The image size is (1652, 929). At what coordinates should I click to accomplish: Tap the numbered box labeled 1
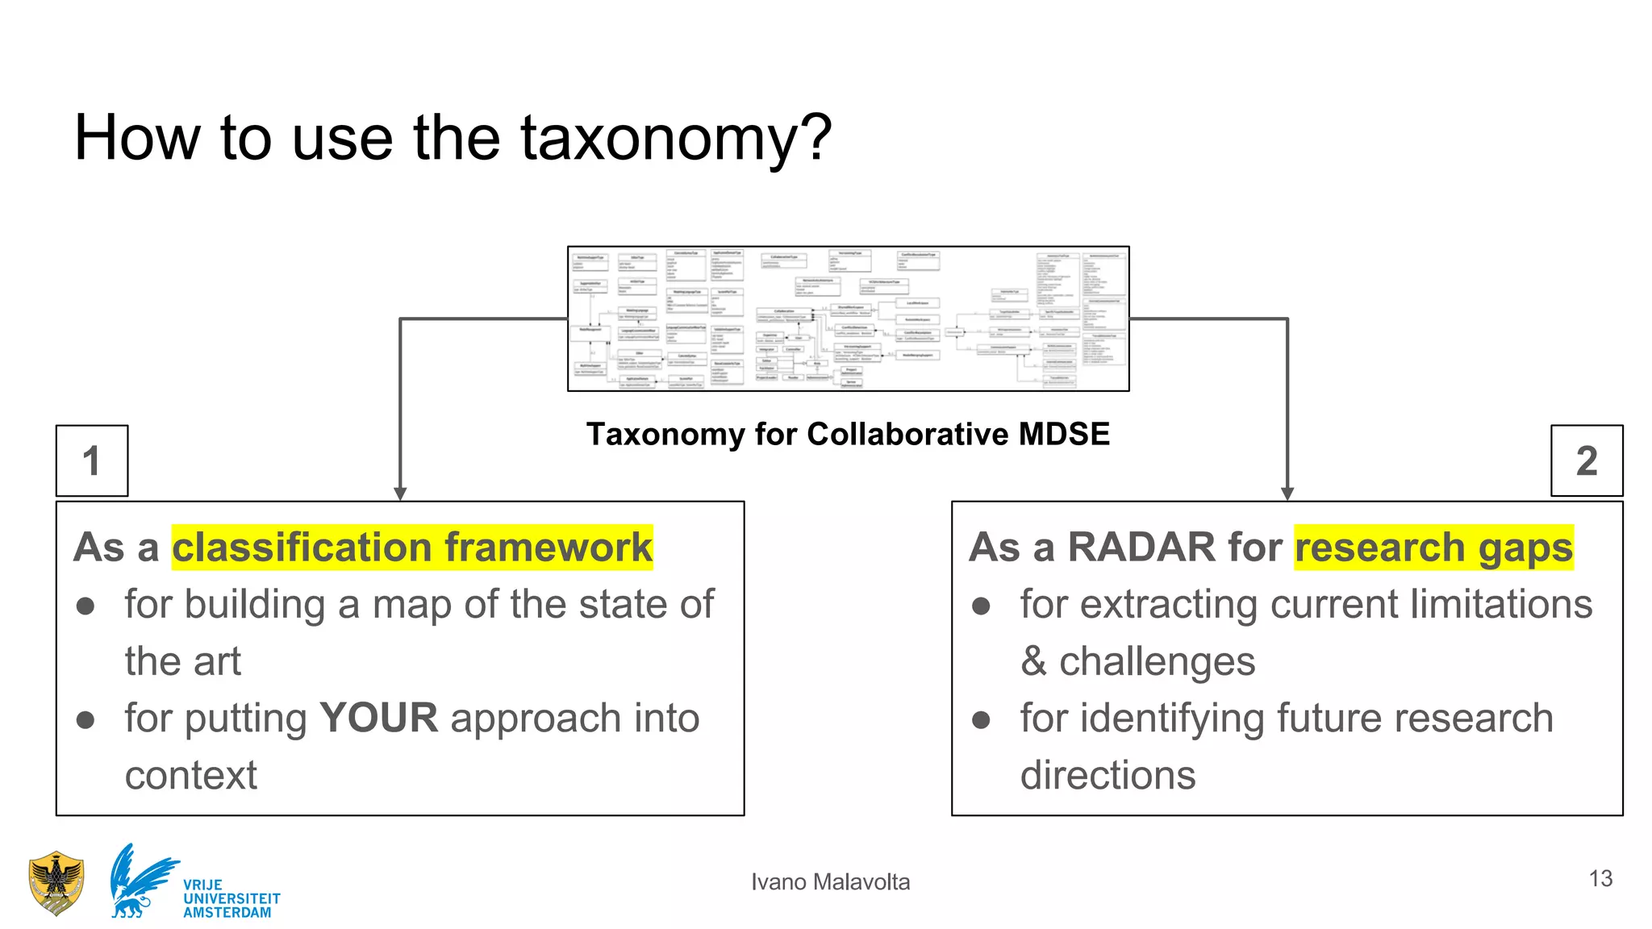click(x=92, y=460)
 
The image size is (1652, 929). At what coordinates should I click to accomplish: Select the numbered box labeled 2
click(x=1587, y=460)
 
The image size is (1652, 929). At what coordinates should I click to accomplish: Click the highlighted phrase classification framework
click(x=412, y=548)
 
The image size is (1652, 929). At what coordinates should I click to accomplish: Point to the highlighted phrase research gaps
click(x=1433, y=548)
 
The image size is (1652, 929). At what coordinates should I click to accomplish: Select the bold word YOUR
click(x=378, y=718)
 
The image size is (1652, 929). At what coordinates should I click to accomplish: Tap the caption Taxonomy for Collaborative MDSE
click(x=848, y=434)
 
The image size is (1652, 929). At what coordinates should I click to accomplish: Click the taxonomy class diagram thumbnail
click(x=848, y=319)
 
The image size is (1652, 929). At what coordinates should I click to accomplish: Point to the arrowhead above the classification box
click(x=400, y=494)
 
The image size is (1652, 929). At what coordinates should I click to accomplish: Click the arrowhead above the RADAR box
click(x=1287, y=494)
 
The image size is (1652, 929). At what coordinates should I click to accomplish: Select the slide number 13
click(x=1600, y=878)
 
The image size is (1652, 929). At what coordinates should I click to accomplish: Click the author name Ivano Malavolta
click(x=830, y=882)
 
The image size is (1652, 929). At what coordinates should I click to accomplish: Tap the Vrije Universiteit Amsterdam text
click(x=231, y=898)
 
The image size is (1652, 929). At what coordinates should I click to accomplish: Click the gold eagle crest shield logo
click(x=56, y=884)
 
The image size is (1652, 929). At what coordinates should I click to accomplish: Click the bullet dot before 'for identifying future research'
click(x=981, y=719)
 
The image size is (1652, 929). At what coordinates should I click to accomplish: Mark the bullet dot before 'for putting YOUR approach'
click(x=86, y=719)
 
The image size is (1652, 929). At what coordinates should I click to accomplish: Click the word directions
click(x=1108, y=775)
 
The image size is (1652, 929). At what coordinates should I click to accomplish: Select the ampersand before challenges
click(x=1033, y=662)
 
